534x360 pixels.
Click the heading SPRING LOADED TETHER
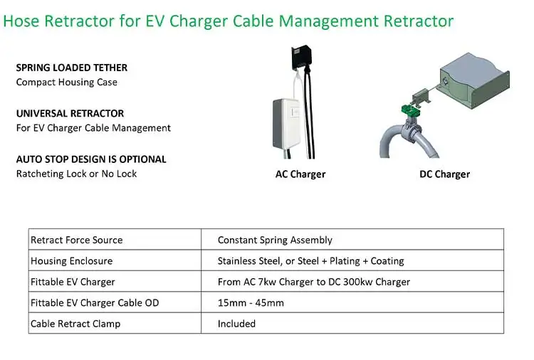[71, 68]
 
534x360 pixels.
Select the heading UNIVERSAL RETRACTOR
[70, 113]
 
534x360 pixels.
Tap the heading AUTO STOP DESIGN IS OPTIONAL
[90, 159]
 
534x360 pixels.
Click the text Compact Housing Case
[66, 82]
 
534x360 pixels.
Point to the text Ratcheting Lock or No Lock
[76, 174]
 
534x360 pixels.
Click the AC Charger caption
[300, 174]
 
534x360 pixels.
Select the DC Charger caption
[444, 174]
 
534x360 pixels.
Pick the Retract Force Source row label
[76, 240]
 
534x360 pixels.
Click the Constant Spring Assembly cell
[275, 240]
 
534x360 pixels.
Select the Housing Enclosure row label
[71, 261]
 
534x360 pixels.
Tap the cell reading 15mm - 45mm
[251, 303]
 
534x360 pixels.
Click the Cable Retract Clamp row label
[75, 324]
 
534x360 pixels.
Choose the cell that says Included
[236, 324]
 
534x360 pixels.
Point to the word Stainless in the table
[239, 261]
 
